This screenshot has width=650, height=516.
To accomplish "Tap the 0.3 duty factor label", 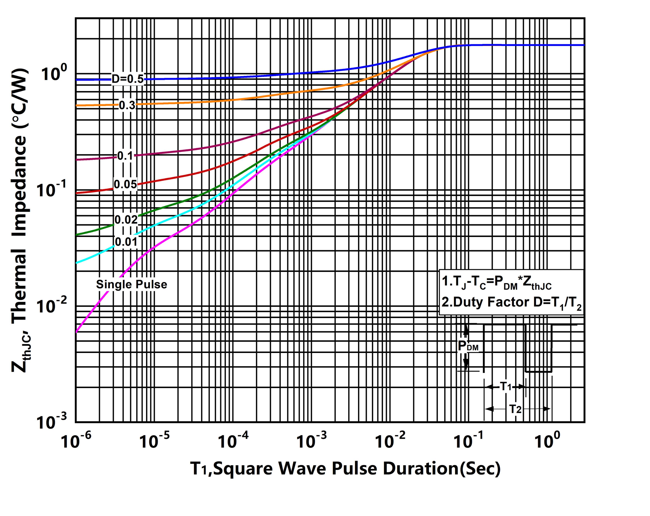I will coord(127,105).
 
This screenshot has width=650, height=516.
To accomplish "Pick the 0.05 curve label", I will coord(125,184).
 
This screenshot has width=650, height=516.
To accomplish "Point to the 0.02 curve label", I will coord(126,220).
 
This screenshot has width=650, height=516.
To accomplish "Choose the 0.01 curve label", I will coord(126,242).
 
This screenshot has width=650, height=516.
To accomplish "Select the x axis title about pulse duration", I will coord(345,468).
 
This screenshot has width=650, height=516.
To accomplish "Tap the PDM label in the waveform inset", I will coord(468,346).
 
